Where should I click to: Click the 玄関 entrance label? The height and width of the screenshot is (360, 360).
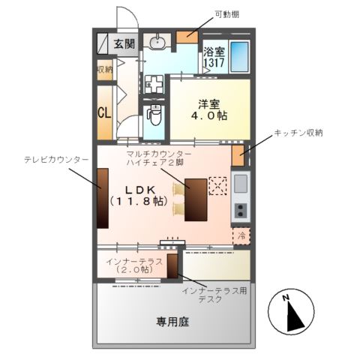click(x=124, y=43)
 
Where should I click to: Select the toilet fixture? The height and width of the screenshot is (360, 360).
click(x=155, y=115)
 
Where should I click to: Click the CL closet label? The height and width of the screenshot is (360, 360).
click(x=104, y=113)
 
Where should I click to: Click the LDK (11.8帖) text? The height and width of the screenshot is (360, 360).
click(x=138, y=196)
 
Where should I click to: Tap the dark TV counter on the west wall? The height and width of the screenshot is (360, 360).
click(x=102, y=196)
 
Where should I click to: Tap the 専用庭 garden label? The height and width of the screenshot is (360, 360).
click(x=172, y=321)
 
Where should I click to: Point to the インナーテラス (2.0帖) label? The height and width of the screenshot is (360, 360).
click(x=130, y=264)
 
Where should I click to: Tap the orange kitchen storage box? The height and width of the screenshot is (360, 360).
click(x=237, y=154)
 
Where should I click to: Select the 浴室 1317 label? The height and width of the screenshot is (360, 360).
click(x=214, y=58)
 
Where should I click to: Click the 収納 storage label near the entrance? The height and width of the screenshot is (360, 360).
click(x=103, y=70)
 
